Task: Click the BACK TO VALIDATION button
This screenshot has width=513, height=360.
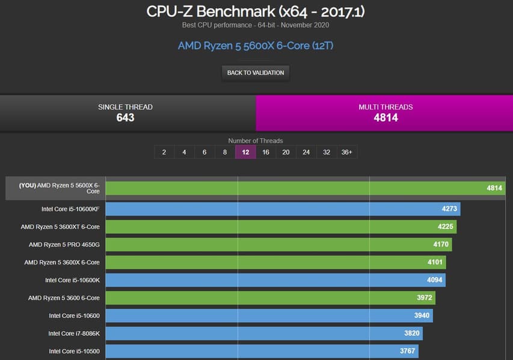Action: click(x=256, y=73)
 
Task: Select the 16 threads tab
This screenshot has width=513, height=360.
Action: click(x=265, y=152)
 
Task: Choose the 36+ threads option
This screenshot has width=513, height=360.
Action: click(x=347, y=152)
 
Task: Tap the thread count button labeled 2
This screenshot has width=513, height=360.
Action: click(x=164, y=152)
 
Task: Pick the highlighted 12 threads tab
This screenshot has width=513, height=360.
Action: click(x=245, y=152)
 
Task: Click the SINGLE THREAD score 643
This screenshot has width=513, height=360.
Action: click(x=125, y=118)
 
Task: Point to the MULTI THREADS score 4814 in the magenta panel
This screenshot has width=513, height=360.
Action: click(x=386, y=118)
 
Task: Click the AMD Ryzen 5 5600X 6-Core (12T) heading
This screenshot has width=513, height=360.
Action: click(x=256, y=46)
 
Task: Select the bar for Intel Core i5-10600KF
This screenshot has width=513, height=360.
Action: click(x=283, y=209)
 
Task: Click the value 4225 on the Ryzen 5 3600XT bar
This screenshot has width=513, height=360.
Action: click(x=445, y=227)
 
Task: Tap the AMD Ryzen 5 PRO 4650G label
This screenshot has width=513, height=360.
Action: click(x=64, y=245)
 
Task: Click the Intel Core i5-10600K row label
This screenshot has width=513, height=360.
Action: click(x=72, y=280)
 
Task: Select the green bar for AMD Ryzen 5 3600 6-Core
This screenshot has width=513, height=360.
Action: click(x=271, y=297)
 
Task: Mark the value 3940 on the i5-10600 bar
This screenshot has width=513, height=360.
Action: click(x=420, y=316)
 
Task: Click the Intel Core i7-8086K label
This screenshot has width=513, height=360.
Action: click(x=74, y=333)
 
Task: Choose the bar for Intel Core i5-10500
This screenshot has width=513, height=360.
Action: click(x=262, y=351)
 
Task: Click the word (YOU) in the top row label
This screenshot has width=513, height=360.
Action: click(x=27, y=185)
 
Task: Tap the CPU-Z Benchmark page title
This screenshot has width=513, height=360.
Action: click(x=256, y=11)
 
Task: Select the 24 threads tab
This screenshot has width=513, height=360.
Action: click(x=306, y=152)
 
